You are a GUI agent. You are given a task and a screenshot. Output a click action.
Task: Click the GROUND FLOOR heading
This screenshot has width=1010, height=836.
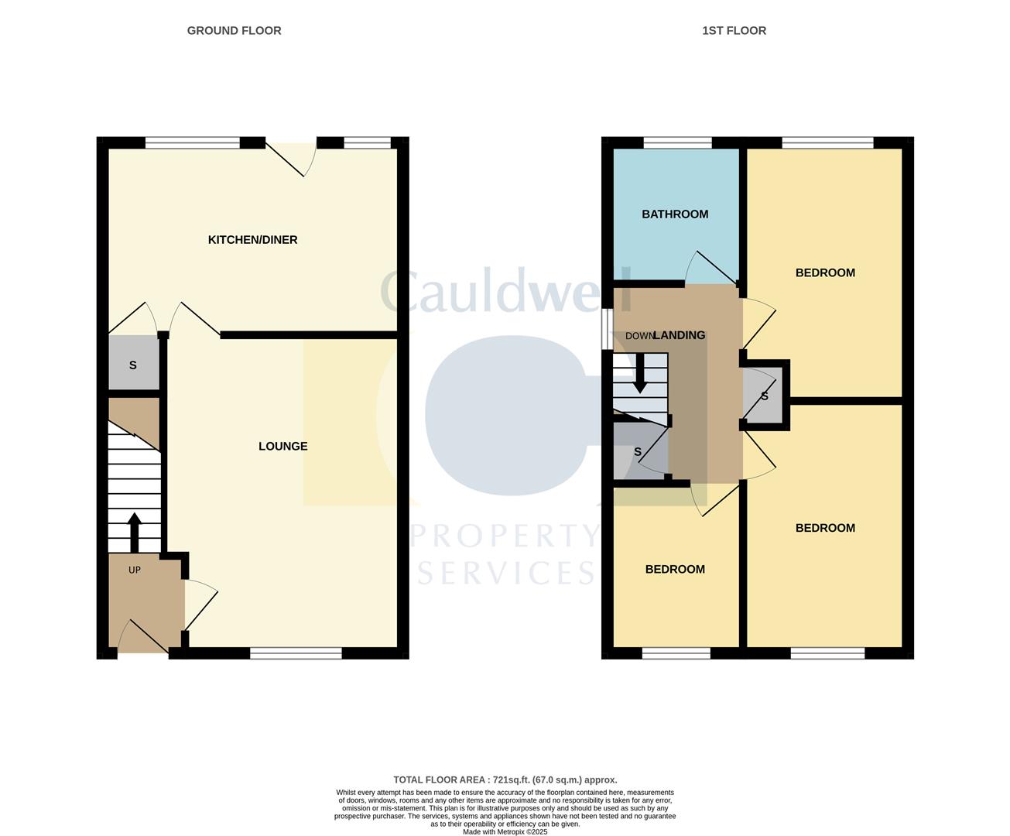234,31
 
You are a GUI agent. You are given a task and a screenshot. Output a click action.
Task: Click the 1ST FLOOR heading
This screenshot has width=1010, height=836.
734,31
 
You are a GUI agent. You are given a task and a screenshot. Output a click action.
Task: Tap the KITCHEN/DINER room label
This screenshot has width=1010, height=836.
252,240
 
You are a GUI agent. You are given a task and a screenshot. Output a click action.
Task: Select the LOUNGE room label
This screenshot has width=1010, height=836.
282,447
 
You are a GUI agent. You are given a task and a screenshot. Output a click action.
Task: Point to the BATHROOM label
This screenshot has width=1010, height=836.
675,214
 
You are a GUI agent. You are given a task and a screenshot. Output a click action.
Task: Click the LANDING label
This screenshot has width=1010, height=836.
680,336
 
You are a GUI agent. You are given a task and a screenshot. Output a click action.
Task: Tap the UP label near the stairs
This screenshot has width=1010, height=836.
135,570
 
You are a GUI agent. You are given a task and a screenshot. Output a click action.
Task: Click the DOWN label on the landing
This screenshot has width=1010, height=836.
639,336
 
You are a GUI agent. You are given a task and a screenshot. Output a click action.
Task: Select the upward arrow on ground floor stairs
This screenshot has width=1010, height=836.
134,532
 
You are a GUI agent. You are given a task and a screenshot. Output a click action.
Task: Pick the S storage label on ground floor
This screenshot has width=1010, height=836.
133,365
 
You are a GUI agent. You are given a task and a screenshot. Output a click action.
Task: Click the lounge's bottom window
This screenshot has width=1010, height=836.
296,653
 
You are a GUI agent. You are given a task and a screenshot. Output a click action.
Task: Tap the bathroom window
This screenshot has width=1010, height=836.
677,142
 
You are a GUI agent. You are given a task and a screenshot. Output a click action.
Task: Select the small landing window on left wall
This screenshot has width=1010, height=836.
608,330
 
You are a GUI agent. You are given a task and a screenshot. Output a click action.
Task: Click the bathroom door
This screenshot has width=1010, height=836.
712,268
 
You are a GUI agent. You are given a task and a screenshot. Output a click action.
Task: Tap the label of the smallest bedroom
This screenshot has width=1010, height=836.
675,570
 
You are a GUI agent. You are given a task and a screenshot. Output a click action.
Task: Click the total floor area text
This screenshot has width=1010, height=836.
505,780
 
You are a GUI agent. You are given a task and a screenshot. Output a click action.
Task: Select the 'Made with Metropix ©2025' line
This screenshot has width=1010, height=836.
505,832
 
